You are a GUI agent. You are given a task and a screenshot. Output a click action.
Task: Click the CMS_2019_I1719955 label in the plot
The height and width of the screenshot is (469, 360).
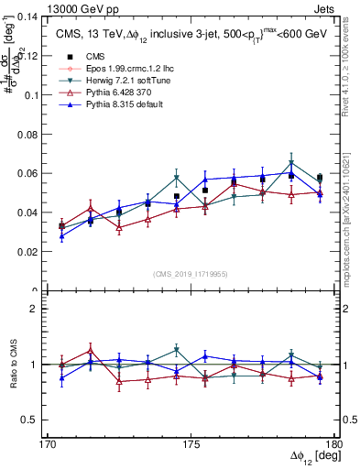pyautogui.click(x=191, y=273)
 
